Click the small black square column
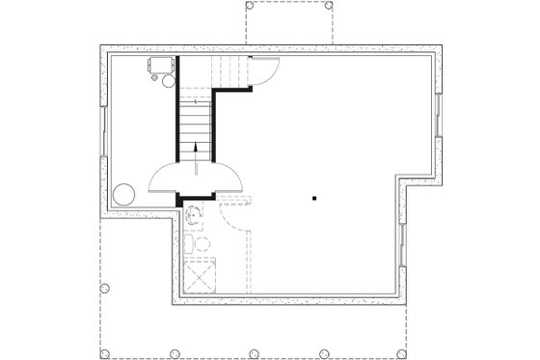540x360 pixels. click(314, 198)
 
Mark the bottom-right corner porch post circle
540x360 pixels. click(438, 352)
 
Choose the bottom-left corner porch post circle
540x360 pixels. click(104, 352)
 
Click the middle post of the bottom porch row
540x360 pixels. click(252, 352)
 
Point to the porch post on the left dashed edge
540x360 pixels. click(104, 288)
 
